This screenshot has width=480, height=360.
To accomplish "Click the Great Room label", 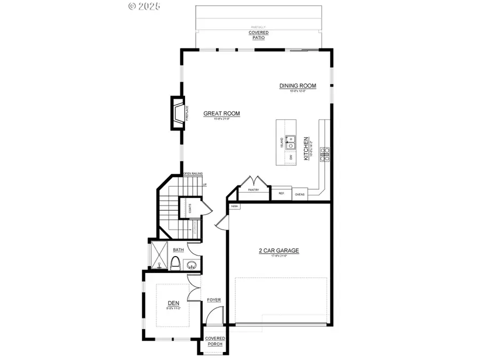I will tap(222, 114).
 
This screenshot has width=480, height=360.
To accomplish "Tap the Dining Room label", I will tap(298, 86).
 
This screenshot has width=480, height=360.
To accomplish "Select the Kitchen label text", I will tap(306, 148).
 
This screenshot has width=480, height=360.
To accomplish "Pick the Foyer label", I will tap(214, 300).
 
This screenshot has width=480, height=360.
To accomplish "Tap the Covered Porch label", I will tap(215, 341).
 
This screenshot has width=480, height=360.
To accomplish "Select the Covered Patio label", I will tap(259, 35).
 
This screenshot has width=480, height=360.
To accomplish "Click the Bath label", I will tap(178, 249).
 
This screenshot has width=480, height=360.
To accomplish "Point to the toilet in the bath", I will tap(175, 262).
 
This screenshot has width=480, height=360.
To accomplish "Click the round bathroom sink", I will tap(191, 264).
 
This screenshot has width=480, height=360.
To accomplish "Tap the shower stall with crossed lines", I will tap(158, 257).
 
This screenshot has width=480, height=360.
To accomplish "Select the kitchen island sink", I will tap(291, 142).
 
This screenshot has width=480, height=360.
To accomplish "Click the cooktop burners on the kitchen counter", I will tap(323, 154).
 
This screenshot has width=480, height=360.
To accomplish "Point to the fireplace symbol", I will tap(177, 113).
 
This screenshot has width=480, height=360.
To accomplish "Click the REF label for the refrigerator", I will tap(281, 194).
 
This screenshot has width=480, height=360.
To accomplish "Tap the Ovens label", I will tap(300, 194).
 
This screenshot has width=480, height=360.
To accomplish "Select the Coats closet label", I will tap(189, 209).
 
